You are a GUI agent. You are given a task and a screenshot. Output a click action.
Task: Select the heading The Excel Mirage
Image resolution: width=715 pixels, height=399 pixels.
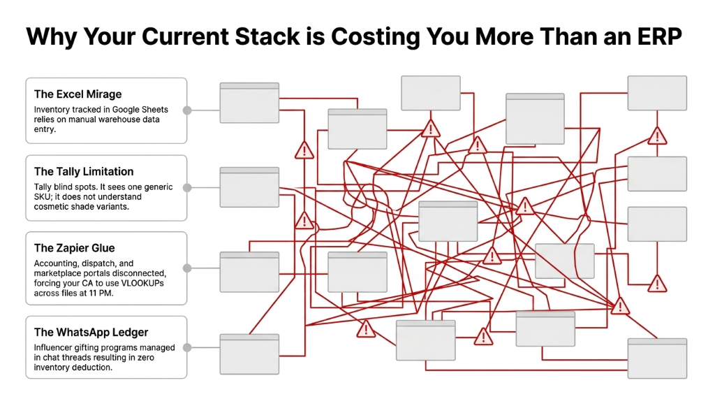click(x=78, y=94)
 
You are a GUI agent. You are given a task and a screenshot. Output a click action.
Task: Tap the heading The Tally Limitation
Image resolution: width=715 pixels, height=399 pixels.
click(x=84, y=172)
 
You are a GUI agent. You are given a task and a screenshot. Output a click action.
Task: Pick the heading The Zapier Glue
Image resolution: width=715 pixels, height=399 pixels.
click(x=74, y=248)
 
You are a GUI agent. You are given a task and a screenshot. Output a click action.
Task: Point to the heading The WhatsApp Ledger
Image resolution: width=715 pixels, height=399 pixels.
click(x=91, y=333)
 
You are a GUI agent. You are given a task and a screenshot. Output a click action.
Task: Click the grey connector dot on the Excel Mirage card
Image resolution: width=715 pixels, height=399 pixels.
click(x=186, y=110)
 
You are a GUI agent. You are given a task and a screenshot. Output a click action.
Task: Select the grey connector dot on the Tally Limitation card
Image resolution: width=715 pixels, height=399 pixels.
click(x=186, y=187)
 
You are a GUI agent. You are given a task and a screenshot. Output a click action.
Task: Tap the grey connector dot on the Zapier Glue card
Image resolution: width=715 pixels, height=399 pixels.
click(x=186, y=268)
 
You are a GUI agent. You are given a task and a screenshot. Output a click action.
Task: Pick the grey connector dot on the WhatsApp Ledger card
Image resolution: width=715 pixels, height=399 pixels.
click(x=186, y=347)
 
